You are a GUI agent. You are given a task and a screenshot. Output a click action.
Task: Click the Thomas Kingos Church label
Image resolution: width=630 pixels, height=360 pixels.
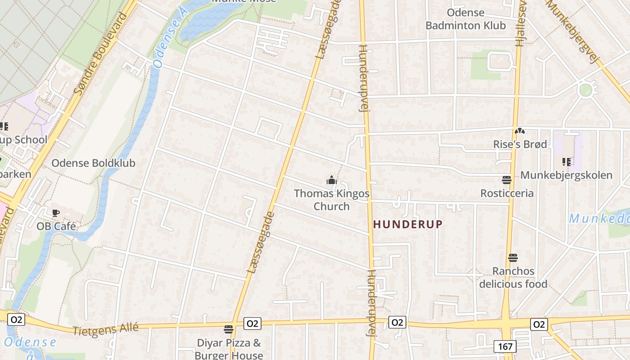pos(332,200)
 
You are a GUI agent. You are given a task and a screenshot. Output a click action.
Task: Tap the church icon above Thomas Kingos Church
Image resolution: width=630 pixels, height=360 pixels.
pos(332,180)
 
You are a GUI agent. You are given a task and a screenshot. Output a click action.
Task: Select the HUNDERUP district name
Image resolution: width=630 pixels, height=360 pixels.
pos(408,224)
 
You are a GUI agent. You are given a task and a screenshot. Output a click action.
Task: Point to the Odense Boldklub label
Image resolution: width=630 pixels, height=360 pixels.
pos(93,163)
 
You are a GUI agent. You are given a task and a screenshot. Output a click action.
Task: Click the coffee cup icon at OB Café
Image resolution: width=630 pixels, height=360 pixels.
pos(56,213)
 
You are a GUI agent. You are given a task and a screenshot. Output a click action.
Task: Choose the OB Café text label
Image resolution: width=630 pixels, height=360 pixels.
pos(56,226)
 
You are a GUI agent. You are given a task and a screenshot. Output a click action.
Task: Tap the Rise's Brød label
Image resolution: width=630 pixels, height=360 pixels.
pos(520,144)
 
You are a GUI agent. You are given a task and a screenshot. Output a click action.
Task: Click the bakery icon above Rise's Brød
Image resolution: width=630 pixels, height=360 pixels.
pos(520,131)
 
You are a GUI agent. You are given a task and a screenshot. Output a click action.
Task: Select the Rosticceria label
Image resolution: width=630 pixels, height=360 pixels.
pos(507,193)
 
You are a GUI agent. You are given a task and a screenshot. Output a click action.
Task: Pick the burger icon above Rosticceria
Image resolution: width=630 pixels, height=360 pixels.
pos(507,180)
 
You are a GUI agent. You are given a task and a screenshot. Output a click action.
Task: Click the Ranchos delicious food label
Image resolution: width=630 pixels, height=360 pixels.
pos(513,277)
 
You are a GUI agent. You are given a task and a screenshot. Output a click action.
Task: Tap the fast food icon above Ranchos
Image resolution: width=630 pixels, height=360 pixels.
pos(513,258)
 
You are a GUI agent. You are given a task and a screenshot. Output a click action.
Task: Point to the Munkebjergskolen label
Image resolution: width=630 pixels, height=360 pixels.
pos(566,175)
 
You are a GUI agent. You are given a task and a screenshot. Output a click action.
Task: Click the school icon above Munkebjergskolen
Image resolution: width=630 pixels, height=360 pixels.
pos(566,162)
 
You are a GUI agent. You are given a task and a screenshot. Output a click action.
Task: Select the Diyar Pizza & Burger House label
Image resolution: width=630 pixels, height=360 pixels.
pos(229,349)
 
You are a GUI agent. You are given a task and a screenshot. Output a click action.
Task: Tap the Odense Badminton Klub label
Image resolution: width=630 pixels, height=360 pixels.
pos(466,19)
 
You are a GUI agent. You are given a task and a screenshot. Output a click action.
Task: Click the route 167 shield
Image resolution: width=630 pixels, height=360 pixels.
pos(505,346)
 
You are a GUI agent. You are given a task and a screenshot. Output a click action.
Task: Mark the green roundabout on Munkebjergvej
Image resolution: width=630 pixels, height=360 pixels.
pos(585,90)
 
